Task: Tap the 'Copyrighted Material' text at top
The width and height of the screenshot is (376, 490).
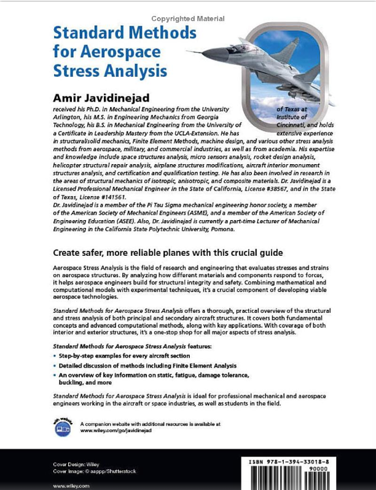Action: pos(188,19)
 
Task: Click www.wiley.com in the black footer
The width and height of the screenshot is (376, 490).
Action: pos(71,486)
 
